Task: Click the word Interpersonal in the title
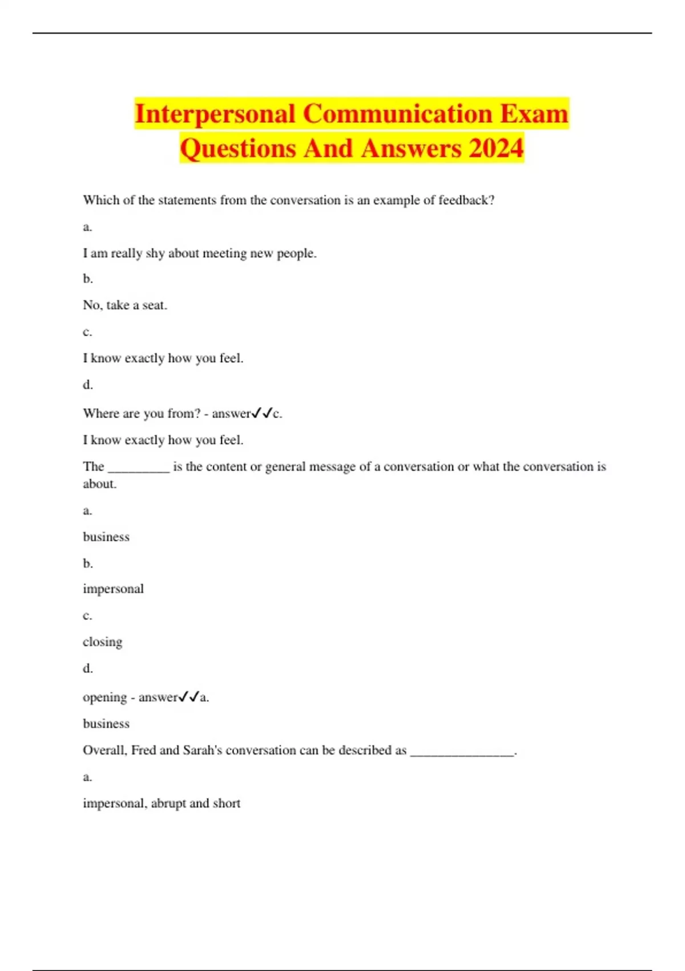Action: [x=215, y=114]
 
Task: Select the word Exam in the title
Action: [x=534, y=114]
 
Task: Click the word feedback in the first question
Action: [x=462, y=200]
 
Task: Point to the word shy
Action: [x=155, y=254]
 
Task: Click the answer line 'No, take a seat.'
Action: [x=125, y=306]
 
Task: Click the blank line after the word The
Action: [x=139, y=468]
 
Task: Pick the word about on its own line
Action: [x=99, y=484]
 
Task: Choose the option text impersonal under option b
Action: [x=113, y=589]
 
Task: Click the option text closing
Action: [x=103, y=642]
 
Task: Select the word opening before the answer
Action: [x=104, y=697]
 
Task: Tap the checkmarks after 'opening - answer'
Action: [x=189, y=697]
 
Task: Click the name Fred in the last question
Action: [x=143, y=751]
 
